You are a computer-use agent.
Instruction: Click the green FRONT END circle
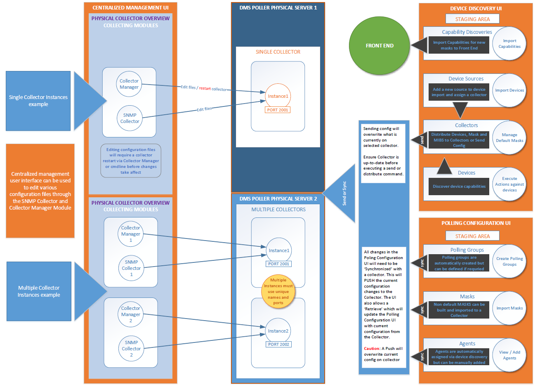click(380, 46)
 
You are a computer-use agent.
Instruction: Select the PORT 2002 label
click(279, 344)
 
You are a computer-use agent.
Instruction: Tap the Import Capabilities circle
click(509, 44)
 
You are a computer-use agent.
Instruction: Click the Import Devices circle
click(509, 90)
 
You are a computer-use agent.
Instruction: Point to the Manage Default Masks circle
click(509, 137)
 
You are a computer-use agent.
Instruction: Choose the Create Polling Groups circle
click(509, 261)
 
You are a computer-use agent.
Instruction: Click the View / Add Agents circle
click(509, 355)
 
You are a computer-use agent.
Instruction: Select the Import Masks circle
click(509, 308)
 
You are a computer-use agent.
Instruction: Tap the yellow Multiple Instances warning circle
click(278, 291)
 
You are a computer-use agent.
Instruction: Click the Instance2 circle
click(278, 331)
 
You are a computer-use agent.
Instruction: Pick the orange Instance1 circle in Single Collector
click(278, 96)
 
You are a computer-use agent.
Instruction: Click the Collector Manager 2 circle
click(131, 314)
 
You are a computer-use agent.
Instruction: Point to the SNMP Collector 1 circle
click(131, 268)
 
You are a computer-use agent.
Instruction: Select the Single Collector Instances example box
click(38, 101)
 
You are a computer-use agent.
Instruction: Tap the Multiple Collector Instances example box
click(39, 291)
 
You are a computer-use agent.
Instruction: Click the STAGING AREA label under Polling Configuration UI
click(472, 236)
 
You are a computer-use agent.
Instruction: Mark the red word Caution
click(372, 349)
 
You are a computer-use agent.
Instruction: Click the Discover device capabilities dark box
click(459, 187)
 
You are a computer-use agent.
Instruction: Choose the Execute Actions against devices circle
click(509, 184)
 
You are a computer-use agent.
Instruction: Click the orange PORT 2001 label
click(278, 110)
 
